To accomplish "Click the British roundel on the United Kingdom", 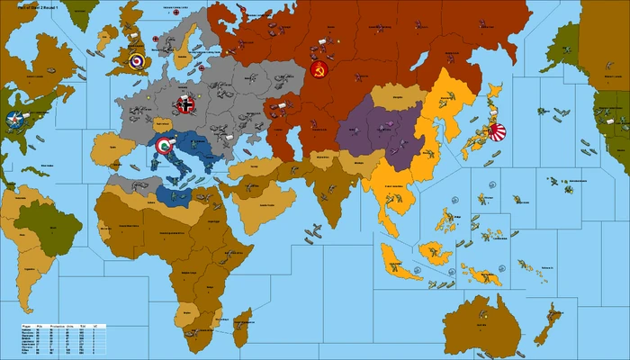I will click(136, 61).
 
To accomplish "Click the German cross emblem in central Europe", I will click(185, 104).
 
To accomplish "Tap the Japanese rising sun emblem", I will click(496, 132).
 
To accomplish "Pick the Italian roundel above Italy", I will click(164, 145).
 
